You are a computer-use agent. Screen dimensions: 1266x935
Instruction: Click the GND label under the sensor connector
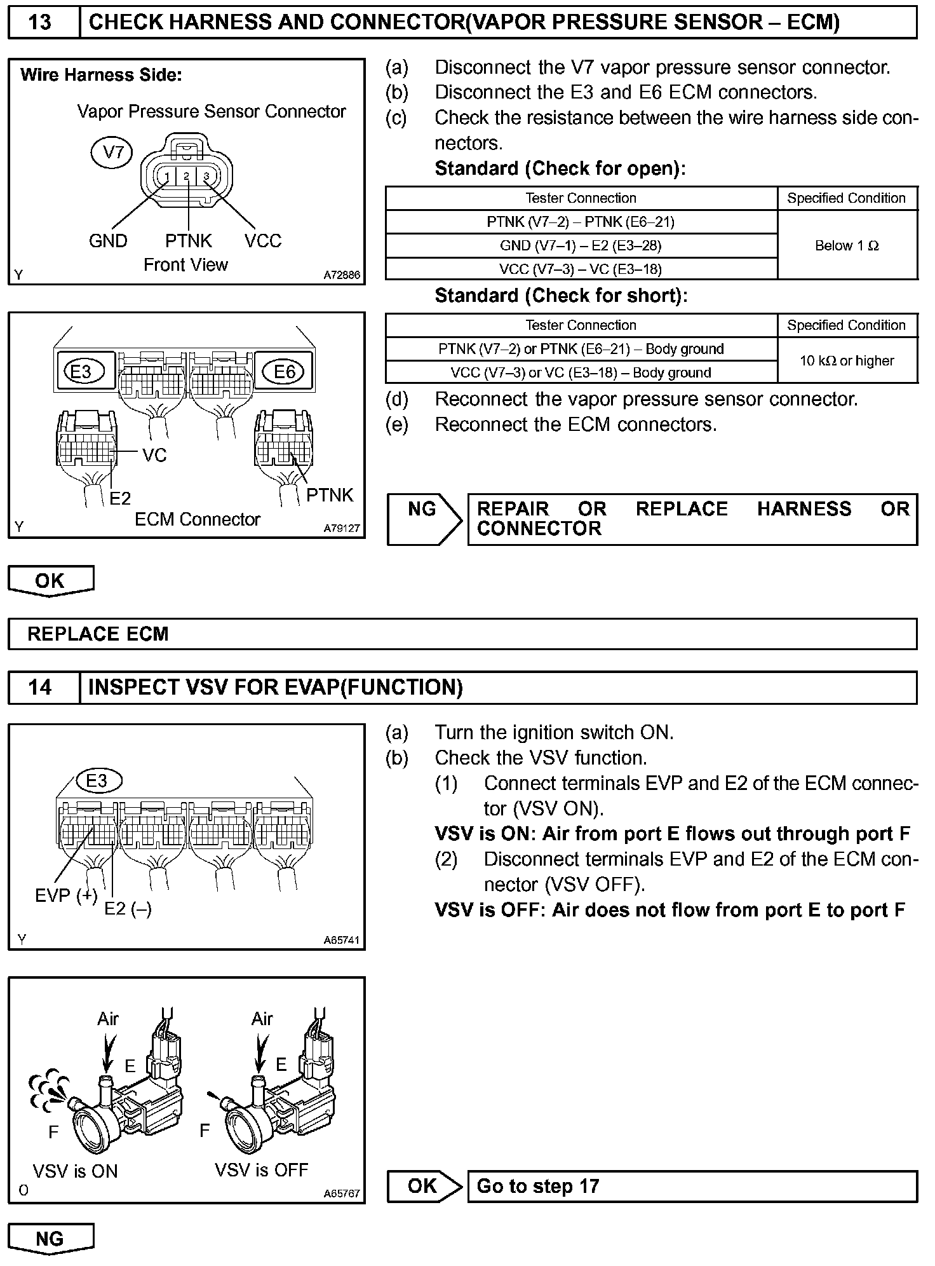108,241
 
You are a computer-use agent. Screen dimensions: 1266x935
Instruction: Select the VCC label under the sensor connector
262,241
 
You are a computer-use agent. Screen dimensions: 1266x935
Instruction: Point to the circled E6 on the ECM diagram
284,371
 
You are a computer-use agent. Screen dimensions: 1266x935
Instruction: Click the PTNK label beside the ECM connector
329,495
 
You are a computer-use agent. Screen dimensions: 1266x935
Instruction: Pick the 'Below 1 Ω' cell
847,245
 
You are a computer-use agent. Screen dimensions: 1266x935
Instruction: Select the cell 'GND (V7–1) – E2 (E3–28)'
581,245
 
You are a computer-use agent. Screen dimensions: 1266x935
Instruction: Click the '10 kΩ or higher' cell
847,360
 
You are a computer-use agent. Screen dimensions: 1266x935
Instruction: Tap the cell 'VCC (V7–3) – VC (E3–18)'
581,269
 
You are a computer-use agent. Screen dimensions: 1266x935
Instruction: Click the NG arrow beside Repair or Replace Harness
424,519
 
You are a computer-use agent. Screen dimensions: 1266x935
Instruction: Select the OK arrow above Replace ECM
50,580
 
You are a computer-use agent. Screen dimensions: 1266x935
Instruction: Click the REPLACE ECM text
98,634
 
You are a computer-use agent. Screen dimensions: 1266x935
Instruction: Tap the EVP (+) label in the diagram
66,895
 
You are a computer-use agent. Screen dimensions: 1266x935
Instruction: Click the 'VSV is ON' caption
76,1171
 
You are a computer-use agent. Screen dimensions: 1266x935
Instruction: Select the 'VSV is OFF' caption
261,1169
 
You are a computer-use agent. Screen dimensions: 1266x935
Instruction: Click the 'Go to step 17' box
692,1186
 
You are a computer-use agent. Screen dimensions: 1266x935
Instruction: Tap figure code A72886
342,275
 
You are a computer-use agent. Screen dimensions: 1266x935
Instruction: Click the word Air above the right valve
262,1019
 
